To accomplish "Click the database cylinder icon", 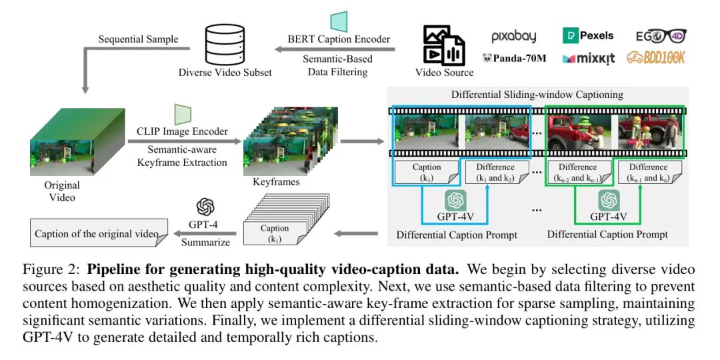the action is point(225,45).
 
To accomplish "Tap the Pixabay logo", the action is point(513,37).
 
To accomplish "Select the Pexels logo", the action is point(588,35).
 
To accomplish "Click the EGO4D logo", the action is point(661,36).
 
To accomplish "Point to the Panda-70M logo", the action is point(514,58).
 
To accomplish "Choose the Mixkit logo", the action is point(588,58).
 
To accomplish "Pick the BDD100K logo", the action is point(656,57).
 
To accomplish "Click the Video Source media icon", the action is point(444,45).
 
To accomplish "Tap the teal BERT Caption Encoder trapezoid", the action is point(339,21).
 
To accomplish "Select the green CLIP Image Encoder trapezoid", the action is point(182,114).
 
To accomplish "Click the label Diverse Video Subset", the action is point(225,73).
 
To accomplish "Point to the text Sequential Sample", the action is point(138,39).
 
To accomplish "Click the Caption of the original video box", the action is point(99,233).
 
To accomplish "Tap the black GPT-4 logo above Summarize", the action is point(205,207).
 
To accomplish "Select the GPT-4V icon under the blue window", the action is point(455,201).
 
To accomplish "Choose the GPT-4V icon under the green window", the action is point(609,201).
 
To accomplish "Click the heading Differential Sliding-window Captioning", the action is point(537,95).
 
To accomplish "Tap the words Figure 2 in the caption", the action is point(43,269).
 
